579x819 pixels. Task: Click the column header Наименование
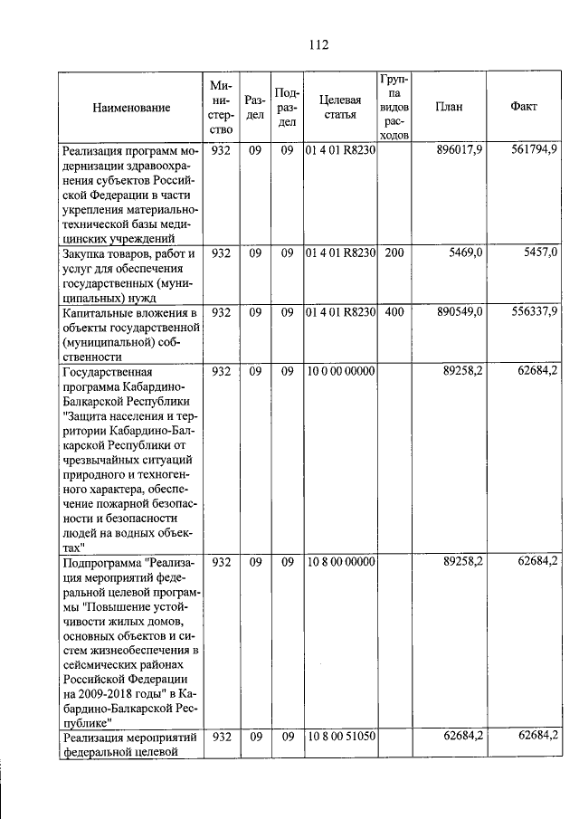131,108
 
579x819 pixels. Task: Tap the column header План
449,107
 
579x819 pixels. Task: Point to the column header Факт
523,107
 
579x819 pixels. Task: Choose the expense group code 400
394,312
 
